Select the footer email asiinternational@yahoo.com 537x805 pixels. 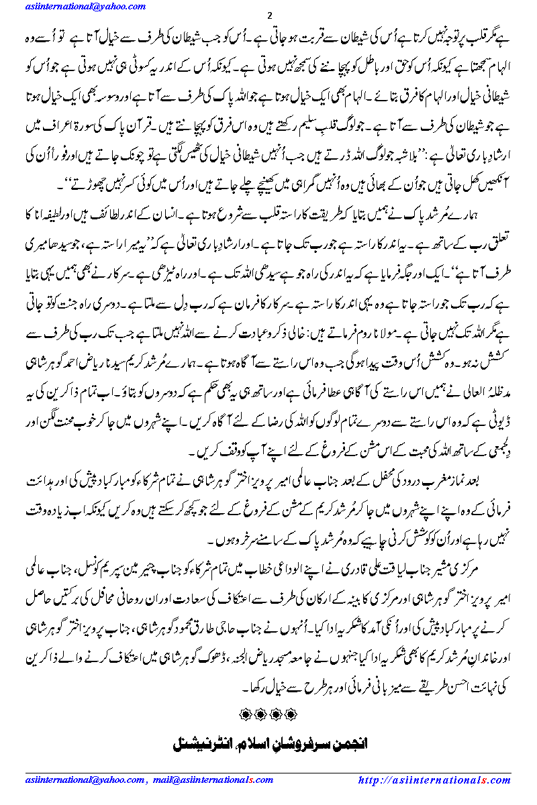85,780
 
